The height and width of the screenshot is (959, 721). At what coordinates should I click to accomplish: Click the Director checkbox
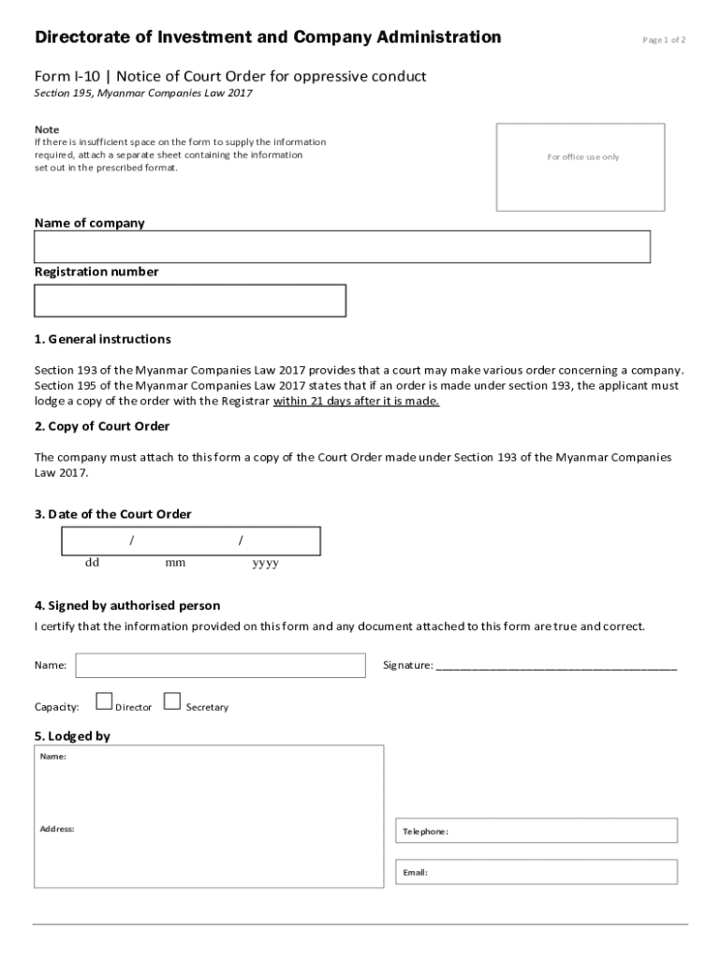pyautogui.click(x=105, y=701)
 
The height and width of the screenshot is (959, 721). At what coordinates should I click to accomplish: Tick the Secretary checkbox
pyautogui.click(x=171, y=701)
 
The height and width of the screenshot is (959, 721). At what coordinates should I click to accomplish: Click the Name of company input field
pyautogui.click(x=342, y=247)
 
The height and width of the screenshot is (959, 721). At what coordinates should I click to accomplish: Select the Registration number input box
pyautogui.click(x=190, y=301)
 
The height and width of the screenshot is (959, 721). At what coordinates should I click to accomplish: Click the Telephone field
pyautogui.click(x=537, y=831)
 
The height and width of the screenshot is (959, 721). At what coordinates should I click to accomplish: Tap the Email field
pyautogui.click(x=537, y=872)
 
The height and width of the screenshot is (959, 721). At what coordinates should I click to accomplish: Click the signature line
pyautogui.click(x=556, y=667)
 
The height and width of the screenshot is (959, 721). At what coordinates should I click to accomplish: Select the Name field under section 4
pyautogui.click(x=221, y=666)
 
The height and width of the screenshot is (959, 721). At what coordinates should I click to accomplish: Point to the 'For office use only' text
pyautogui.click(x=582, y=157)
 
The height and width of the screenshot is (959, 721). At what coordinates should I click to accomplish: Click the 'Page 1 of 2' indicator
pyautogui.click(x=664, y=40)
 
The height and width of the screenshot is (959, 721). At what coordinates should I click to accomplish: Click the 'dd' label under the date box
pyautogui.click(x=92, y=564)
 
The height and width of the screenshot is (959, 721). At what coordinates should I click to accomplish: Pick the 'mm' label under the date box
pyautogui.click(x=175, y=564)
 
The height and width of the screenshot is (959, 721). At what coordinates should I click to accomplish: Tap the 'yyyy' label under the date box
pyautogui.click(x=265, y=564)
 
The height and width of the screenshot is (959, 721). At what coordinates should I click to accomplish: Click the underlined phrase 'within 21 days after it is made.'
pyautogui.click(x=356, y=402)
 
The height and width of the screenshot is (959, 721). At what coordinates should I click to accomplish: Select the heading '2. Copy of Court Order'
pyautogui.click(x=102, y=427)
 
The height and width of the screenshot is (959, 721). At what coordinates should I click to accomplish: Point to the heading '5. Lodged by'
pyautogui.click(x=72, y=736)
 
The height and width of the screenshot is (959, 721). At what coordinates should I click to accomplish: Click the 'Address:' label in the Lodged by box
pyautogui.click(x=57, y=829)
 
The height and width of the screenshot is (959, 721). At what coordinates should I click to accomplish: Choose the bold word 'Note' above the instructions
pyautogui.click(x=47, y=129)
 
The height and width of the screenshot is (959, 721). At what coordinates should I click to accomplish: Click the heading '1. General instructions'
pyautogui.click(x=103, y=339)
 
